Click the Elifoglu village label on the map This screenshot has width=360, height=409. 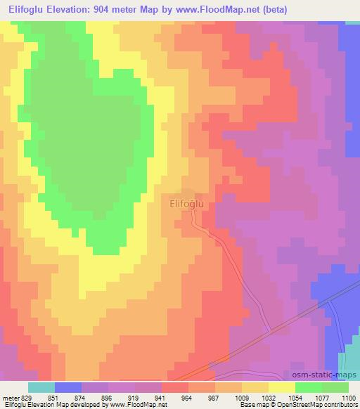coord(187,203)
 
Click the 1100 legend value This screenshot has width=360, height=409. coord(348,397)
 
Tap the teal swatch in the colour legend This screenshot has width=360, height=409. coord(41,387)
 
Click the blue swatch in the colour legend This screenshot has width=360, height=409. coord(68,387)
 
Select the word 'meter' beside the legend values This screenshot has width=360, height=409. coord(10,397)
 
